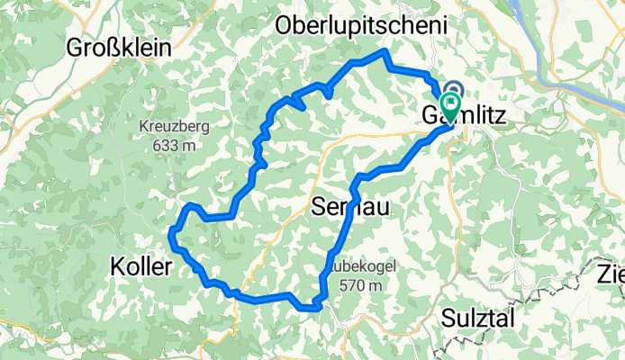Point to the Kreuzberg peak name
[x=174, y=127]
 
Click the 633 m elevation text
[x=175, y=144]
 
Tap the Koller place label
[x=140, y=265]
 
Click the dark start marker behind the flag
[x=452, y=90]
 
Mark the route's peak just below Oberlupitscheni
[x=385, y=51]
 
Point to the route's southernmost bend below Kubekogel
[x=311, y=307]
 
